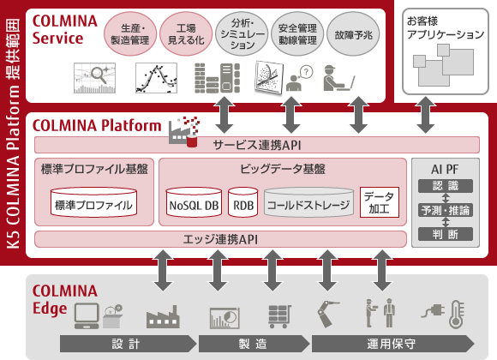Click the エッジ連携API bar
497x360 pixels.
coord(219,239)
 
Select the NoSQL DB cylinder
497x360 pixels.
coord(194,205)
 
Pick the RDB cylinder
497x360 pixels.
coord(243,205)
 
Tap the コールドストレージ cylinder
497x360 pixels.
coord(308,205)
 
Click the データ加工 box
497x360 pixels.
coord(379,202)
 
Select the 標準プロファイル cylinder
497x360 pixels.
coord(93,205)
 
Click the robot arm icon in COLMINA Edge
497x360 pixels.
coord(329,313)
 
